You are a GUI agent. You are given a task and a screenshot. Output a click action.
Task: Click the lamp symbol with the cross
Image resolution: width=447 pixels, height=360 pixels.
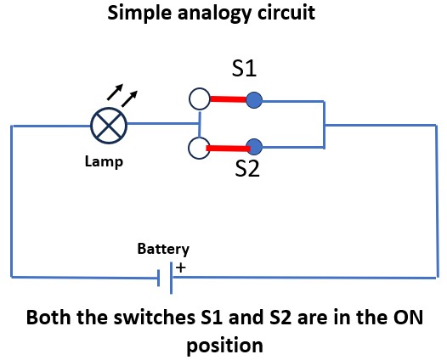coord(109,126)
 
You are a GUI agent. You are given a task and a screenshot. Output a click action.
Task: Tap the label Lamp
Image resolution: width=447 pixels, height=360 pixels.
coord(104,162)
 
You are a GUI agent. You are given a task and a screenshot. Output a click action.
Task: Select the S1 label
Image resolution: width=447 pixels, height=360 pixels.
coord(244,69)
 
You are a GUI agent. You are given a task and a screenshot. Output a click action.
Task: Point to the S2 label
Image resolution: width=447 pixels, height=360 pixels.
coord(247,168)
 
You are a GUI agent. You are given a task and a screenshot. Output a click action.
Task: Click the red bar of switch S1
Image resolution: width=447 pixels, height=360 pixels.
coord(228,99)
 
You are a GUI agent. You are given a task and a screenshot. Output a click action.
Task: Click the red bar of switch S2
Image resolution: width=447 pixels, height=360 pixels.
coord(229,149)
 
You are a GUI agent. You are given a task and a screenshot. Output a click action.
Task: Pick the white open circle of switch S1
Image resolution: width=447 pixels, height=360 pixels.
coord(200,98)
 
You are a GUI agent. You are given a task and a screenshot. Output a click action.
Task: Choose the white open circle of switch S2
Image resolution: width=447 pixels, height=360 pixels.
coord(199,148)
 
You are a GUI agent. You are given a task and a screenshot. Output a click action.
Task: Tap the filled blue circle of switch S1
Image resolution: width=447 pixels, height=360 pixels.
coord(254,100)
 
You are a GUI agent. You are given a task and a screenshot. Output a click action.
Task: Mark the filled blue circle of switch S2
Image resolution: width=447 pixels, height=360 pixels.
coord(254,147)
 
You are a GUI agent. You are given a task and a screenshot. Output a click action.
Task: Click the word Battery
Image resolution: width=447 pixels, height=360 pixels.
coord(163,250)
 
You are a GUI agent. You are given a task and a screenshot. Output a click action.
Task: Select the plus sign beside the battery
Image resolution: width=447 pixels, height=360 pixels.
coord(181,267)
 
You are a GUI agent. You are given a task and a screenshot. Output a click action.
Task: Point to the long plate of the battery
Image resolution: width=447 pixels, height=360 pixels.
coord(171,278)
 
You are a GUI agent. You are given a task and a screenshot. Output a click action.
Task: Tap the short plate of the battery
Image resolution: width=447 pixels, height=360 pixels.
coord(159,278)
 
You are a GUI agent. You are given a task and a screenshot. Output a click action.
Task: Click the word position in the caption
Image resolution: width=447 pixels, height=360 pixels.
coord(224,346)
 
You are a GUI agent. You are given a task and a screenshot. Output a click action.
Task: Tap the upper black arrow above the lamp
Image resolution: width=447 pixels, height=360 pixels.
coord(115,92)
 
